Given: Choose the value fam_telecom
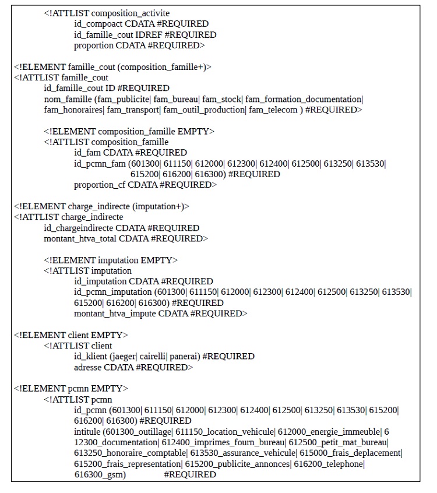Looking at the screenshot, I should pos(273,110).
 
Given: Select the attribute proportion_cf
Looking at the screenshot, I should pos(100,185).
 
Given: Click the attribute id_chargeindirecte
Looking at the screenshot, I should pos(79,228).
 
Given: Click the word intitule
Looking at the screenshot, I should pos(87,432).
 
